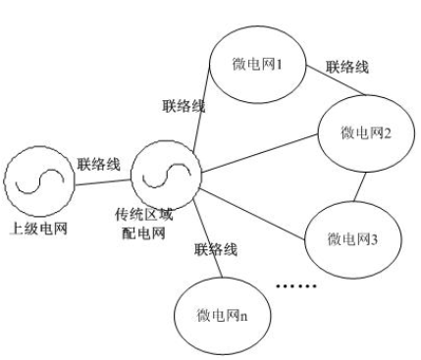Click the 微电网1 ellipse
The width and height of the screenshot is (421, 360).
coord(253,68)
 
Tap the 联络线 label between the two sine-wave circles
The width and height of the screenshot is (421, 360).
coord(100,163)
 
